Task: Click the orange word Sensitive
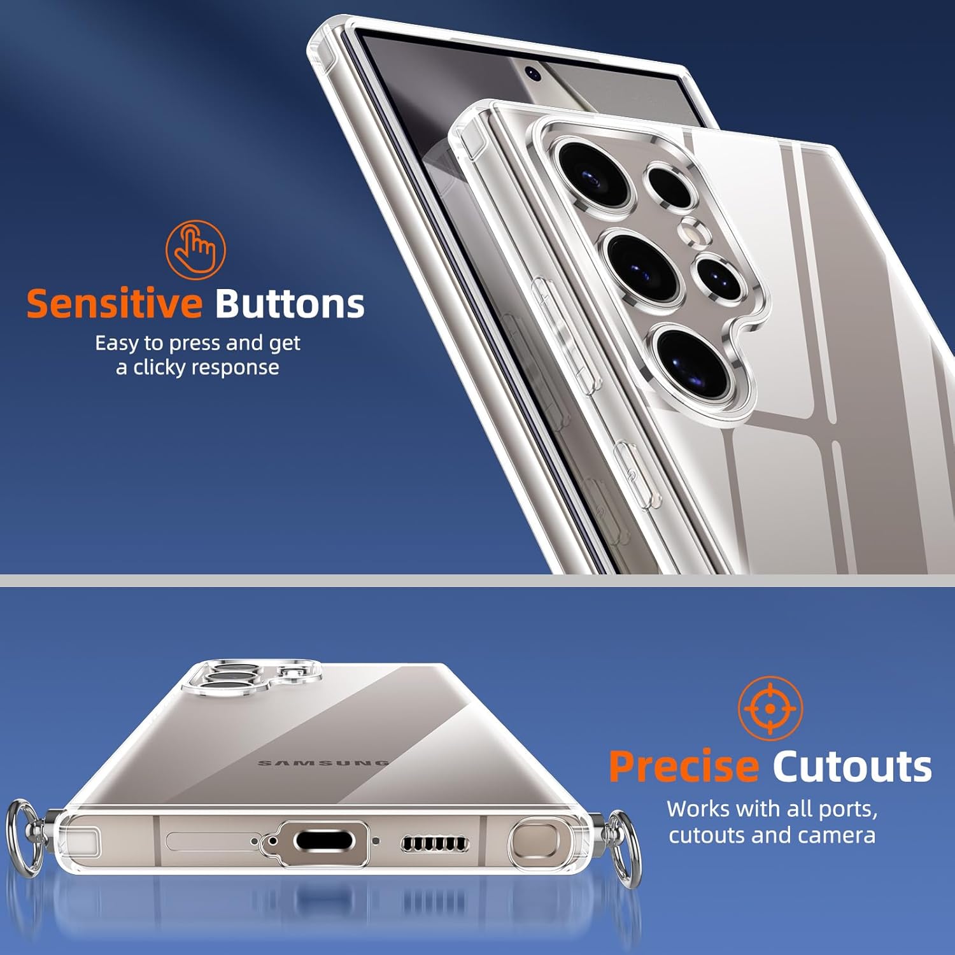click(x=115, y=303)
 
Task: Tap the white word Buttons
click(x=290, y=303)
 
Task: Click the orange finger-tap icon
click(x=195, y=250)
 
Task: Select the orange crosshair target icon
click(x=770, y=709)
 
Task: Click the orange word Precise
click(x=684, y=766)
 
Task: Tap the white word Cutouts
click(x=852, y=766)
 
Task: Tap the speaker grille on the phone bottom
click(x=435, y=844)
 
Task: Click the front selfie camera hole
click(x=533, y=74)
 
